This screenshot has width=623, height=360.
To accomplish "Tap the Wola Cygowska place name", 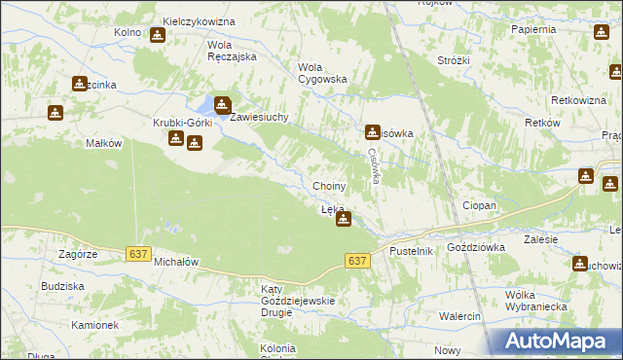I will (321, 73).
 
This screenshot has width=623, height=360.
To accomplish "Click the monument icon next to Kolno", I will (158, 35).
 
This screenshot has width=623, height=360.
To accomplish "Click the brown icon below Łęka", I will (343, 220).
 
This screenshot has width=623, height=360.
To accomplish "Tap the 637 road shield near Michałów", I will (138, 254).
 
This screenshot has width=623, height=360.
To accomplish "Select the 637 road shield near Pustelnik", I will (357, 261).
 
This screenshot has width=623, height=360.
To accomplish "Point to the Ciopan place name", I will (479, 206).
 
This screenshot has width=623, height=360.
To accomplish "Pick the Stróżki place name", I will (454, 60).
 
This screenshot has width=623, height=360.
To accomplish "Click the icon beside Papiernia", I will (600, 32).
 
